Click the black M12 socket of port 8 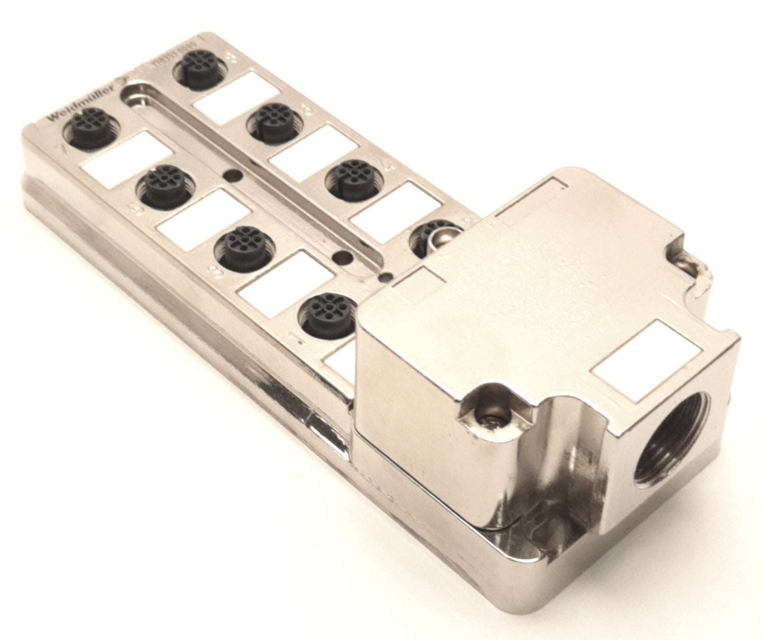[x=199, y=68]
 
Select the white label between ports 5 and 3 [x=203, y=218]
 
